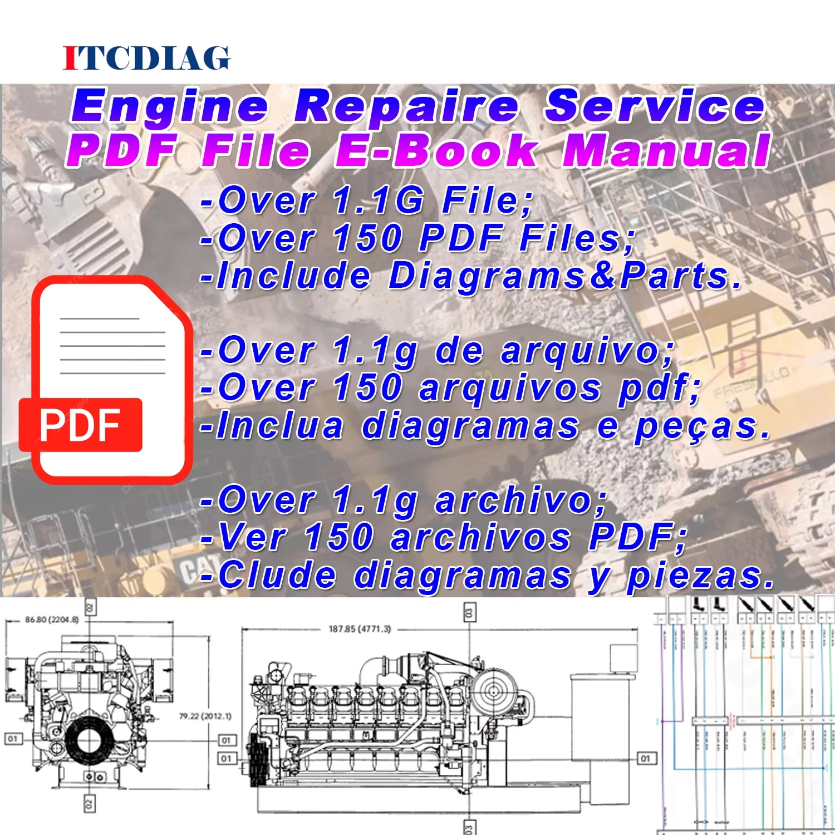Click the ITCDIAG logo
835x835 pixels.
click(146, 58)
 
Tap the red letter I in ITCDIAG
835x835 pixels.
click(71, 58)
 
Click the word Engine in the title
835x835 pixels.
click(170, 107)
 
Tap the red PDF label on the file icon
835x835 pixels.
click(81, 425)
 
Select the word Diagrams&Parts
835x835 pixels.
click(565, 276)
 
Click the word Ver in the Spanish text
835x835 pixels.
click(253, 537)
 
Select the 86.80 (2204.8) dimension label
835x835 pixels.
click(52, 619)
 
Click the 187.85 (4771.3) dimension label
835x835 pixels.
click(360, 629)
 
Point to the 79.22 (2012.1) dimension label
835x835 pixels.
click(205, 716)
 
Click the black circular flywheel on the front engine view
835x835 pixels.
click(88, 742)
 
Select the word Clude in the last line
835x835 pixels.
click(277, 576)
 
